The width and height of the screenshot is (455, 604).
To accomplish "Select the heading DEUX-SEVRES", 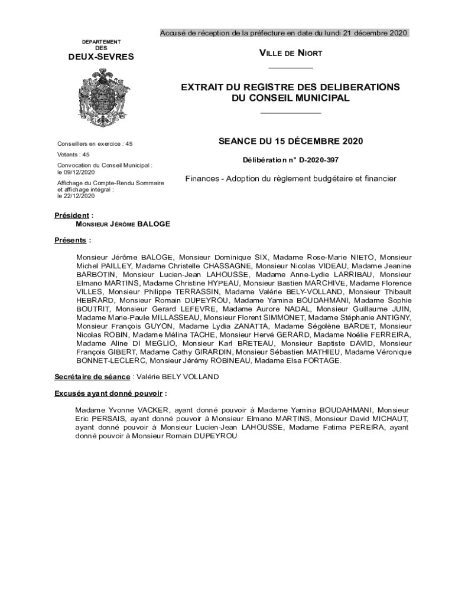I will (x=101, y=57).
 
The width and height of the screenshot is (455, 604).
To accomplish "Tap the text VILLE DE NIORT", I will (x=290, y=54).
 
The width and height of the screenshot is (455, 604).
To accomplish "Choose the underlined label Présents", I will (x=71, y=240).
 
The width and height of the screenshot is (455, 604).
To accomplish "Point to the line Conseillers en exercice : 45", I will (x=95, y=143).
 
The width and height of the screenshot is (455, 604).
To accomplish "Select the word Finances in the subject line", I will (x=202, y=179).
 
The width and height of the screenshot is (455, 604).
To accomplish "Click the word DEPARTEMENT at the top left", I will (x=101, y=42).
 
